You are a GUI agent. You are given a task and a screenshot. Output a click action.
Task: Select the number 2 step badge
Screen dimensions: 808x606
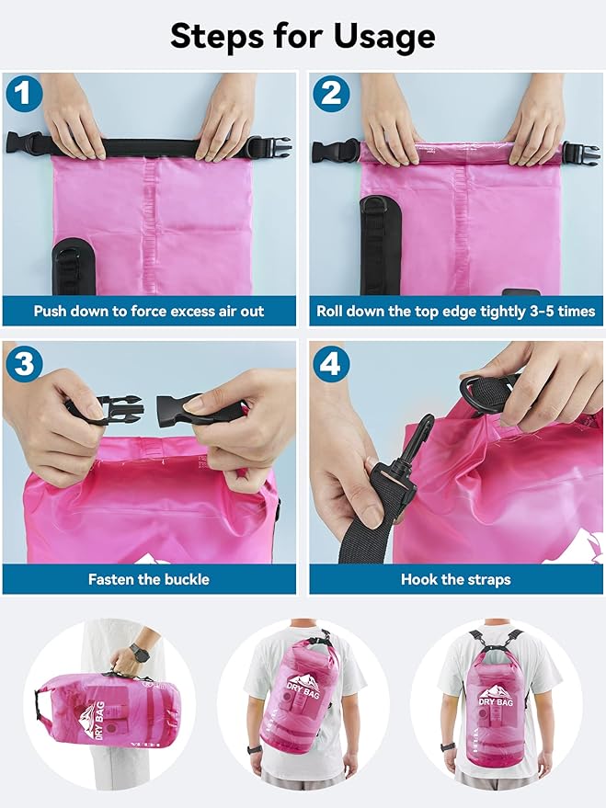point(329,94)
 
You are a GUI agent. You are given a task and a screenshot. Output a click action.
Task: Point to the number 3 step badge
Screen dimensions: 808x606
point(23,364)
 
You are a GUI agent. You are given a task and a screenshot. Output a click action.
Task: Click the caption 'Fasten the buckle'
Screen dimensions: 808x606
point(149,579)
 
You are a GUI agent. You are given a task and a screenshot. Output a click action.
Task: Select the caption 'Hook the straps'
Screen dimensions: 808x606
point(455,579)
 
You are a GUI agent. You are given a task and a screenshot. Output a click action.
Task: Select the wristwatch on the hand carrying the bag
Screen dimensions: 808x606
point(138,654)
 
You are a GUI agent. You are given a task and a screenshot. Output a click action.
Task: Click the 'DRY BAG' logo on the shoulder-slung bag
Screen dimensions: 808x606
point(305,685)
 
